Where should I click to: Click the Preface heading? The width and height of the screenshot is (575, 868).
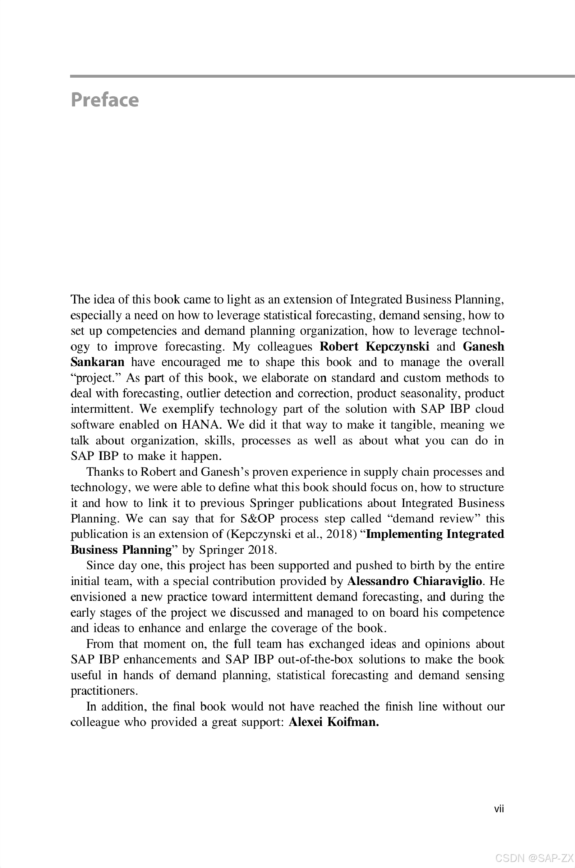(105, 100)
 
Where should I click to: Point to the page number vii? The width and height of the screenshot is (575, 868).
(499, 809)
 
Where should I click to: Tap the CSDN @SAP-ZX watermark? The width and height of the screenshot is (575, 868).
(534, 858)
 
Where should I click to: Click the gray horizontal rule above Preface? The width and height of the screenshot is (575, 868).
(322, 76)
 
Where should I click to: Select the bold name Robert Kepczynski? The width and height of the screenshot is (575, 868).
(374, 347)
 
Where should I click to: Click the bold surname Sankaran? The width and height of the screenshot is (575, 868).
(97, 362)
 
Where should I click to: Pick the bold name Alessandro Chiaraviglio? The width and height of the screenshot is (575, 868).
(414, 581)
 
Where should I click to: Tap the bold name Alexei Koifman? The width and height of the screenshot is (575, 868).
(333, 722)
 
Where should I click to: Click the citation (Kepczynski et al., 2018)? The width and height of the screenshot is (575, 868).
(292, 534)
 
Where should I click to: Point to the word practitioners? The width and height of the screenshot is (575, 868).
(104, 691)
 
